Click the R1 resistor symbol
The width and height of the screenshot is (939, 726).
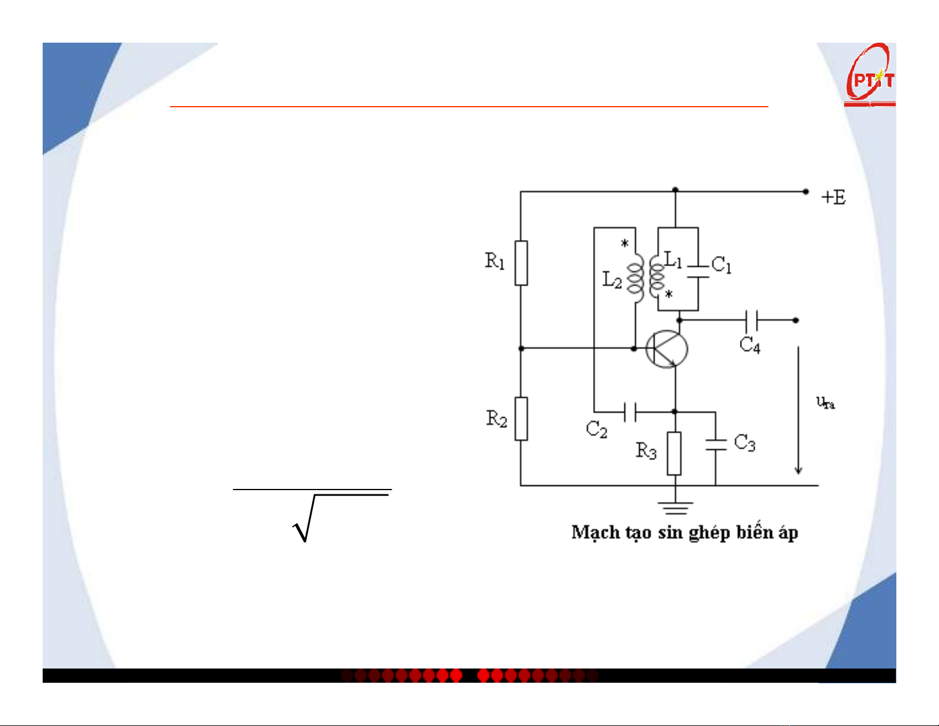pos(521,263)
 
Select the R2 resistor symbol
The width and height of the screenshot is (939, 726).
pos(521,418)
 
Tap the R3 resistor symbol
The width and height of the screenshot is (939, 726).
pos(674,453)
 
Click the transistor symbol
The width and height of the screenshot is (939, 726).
pos(666,349)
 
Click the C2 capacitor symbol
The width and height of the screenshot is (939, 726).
pos(630,411)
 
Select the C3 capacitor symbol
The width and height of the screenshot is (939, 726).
pos(716,444)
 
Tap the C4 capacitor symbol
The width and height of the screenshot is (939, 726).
pos(751,320)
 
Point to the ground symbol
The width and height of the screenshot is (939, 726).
pos(675,507)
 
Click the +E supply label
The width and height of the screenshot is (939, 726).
pos(834,197)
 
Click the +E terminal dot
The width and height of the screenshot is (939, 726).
pos(806,191)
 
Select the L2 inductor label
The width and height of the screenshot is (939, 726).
pos(612,279)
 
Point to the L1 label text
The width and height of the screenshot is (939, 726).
pos(673,259)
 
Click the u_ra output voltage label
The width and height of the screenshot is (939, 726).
pos(825,402)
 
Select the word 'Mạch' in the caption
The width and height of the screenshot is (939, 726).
pos(594,532)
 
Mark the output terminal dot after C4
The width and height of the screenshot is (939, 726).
pos(796,320)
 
